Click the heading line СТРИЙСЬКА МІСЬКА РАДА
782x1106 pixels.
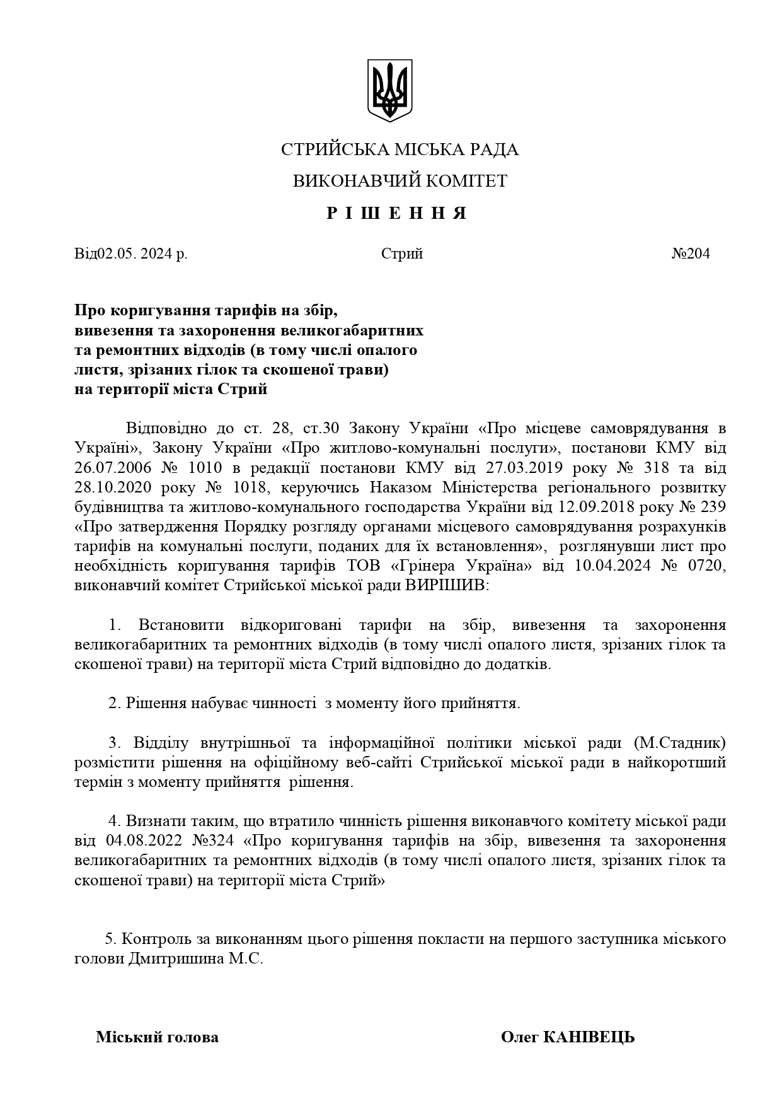click(400, 150)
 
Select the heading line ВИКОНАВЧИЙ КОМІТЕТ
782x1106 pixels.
click(400, 182)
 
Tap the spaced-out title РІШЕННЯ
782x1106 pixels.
click(397, 213)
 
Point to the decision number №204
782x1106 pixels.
click(691, 254)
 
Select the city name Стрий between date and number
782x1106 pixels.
click(402, 254)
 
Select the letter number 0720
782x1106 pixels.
click(706, 566)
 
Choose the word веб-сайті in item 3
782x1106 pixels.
click(383, 762)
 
